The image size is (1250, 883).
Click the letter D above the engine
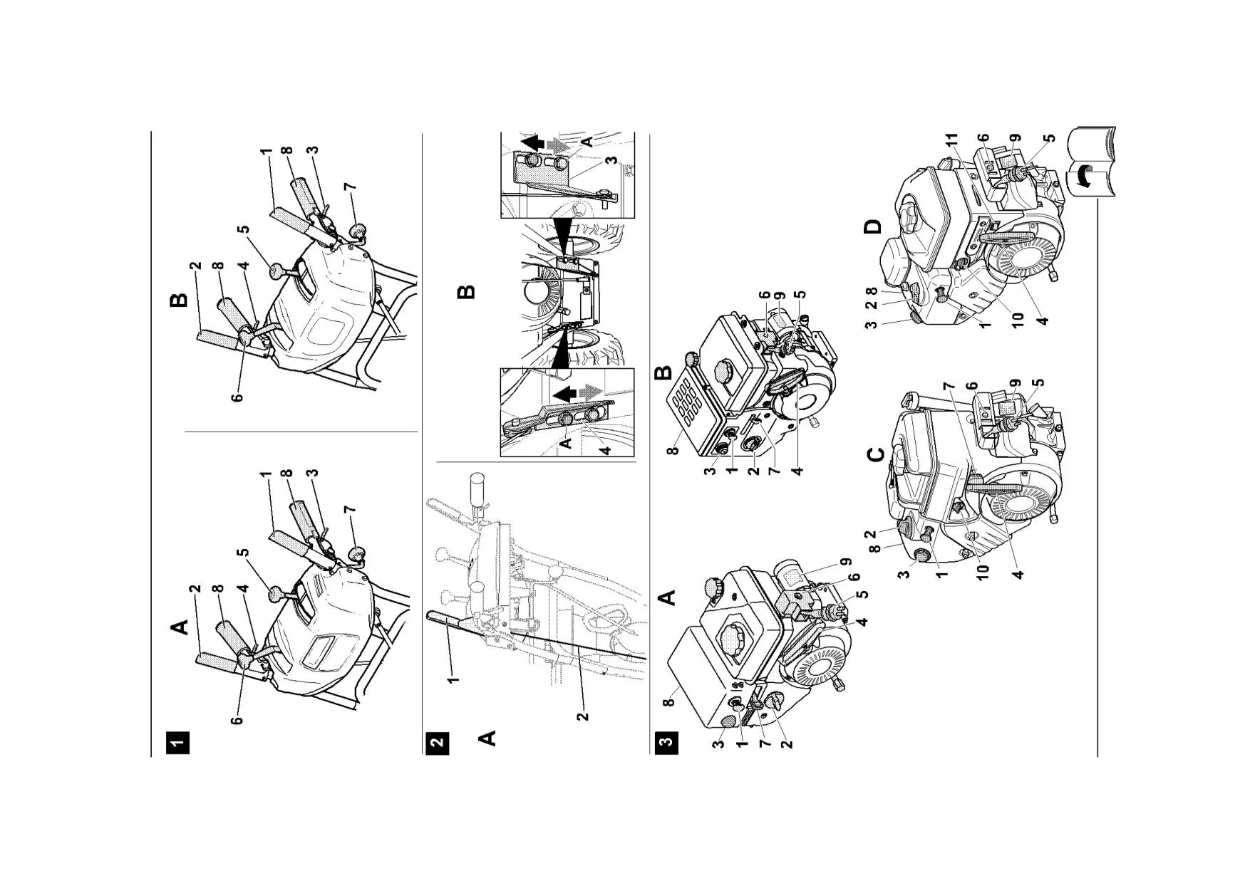coord(872,227)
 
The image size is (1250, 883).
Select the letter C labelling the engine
coord(877,454)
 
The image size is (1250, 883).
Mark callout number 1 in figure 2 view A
coord(453,676)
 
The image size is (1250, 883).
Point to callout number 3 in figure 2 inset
coord(611,160)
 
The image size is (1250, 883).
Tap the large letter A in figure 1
coord(180,627)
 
